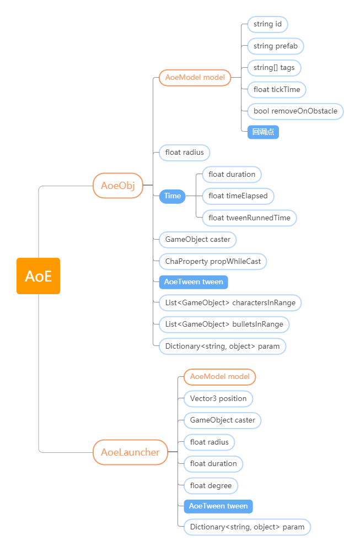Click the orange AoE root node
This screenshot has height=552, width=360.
tap(38, 276)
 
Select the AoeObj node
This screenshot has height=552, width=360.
tap(118, 186)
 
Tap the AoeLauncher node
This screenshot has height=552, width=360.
tap(130, 452)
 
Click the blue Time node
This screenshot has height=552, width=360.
tap(172, 196)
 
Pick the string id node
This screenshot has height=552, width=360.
tap(268, 24)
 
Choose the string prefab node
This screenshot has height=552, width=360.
tap(276, 46)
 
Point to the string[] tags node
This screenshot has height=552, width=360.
tap(274, 68)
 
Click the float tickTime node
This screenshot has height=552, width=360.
tap(277, 89)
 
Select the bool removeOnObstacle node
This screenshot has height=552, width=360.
tap(295, 111)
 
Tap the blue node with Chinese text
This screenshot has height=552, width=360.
tap(263, 132)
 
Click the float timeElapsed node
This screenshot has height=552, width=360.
tap(238, 196)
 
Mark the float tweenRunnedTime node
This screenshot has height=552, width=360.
tap(249, 218)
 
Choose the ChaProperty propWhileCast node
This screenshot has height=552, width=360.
tap(213, 262)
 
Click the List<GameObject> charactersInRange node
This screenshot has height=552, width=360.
tap(230, 303)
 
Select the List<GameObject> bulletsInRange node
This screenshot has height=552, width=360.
tap(224, 324)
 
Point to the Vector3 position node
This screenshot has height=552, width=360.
tap(218, 398)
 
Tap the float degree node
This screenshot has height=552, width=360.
tap(211, 486)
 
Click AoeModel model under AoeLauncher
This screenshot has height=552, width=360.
tap(220, 377)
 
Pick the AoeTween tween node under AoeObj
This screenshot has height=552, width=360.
tap(194, 282)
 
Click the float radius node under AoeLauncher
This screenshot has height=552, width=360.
tap(209, 442)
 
